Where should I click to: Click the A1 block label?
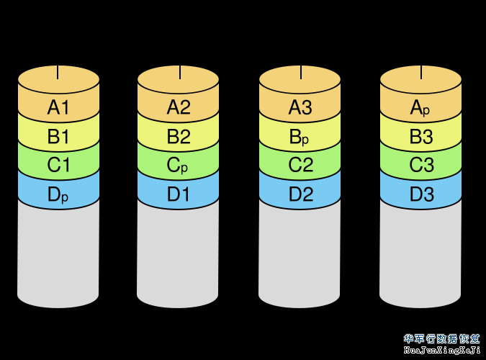click(58, 108)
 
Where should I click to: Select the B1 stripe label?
click(58, 137)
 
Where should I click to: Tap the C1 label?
click(58, 165)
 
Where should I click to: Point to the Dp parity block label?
click(58, 194)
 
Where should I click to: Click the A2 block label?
click(178, 108)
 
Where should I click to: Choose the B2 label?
click(178, 137)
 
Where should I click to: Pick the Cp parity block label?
click(178, 165)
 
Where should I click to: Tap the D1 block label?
click(178, 194)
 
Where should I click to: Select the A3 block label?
click(300, 108)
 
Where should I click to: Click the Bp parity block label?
click(300, 137)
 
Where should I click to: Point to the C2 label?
click(300, 165)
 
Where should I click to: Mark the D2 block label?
click(300, 194)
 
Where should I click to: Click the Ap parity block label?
click(420, 108)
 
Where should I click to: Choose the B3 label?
click(420, 137)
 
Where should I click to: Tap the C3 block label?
click(420, 165)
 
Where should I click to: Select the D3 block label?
click(420, 194)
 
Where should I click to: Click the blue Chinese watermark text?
click(441, 338)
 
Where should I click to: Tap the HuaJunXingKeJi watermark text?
click(441, 350)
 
